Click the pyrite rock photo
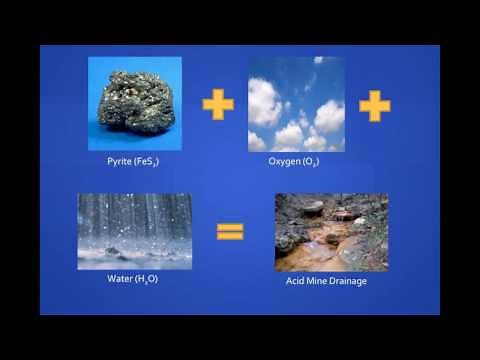135,103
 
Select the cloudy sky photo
295,103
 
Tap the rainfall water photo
134,231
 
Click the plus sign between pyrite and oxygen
217,104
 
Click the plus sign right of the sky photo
374,105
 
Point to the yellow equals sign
230,232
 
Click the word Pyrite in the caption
121,160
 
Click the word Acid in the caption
295,282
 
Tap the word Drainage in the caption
351,282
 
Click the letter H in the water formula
141,278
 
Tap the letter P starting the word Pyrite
110,160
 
